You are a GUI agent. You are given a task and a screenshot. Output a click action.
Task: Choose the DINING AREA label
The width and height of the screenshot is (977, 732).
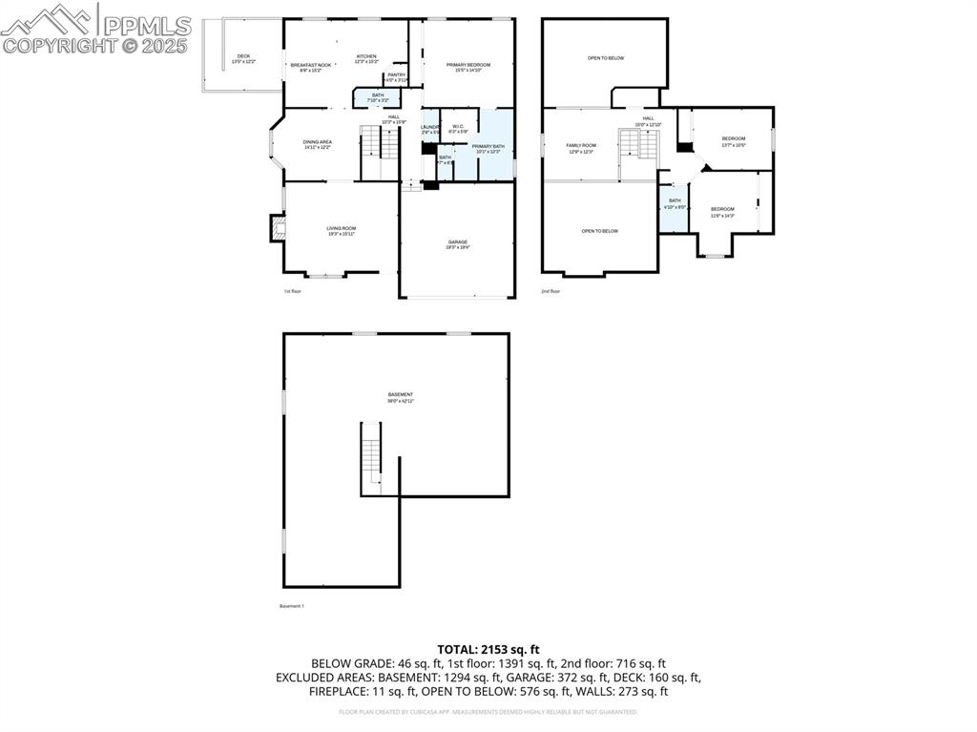point(318,144)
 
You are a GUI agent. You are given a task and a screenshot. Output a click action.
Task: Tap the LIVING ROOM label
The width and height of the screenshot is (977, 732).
point(341,230)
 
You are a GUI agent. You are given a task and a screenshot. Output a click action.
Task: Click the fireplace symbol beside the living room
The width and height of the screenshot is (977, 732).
point(278,228)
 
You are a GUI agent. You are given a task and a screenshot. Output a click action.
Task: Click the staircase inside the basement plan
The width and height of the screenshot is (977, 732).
point(371,457)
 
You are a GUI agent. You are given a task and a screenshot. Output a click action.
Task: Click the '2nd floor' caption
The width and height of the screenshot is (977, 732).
point(551,291)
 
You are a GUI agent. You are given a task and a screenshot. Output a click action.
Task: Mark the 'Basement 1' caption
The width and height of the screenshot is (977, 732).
point(292,606)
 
